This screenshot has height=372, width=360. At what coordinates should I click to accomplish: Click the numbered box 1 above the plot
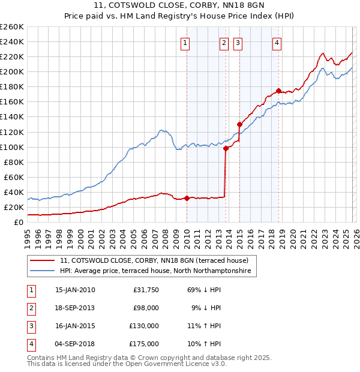click(x=185, y=43)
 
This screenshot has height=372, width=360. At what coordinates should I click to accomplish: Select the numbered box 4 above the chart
click(x=277, y=43)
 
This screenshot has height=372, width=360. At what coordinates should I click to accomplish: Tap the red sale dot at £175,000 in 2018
click(x=279, y=91)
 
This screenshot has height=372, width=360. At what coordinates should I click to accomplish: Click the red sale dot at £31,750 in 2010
click(x=187, y=198)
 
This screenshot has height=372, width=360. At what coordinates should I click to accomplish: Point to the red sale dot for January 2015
click(x=239, y=124)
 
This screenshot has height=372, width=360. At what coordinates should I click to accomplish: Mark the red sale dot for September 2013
click(x=226, y=148)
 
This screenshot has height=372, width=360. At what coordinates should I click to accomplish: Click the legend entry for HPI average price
click(x=157, y=271)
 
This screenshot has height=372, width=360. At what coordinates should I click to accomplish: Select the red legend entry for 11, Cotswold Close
click(x=158, y=260)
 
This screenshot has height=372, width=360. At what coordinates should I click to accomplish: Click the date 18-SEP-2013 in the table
click(x=75, y=308)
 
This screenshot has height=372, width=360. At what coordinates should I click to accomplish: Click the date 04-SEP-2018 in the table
click(x=75, y=344)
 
